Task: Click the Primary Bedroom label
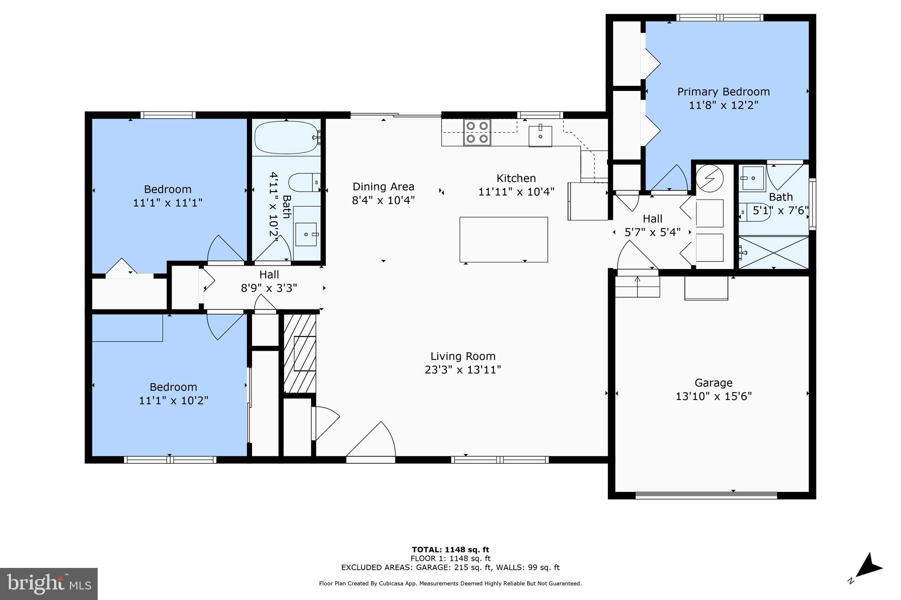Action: tap(723, 92)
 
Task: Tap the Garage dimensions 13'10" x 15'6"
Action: tap(713, 396)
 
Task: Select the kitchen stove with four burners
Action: tap(477, 132)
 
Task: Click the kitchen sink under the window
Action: tap(540, 136)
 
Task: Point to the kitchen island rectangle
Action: tap(504, 240)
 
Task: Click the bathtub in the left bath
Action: tap(286, 137)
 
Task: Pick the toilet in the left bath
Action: tap(304, 182)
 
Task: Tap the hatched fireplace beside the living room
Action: tap(300, 353)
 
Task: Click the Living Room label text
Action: tap(463, 356)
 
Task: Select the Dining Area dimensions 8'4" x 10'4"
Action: tap(383, 200)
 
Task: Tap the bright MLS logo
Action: tap(49, 584)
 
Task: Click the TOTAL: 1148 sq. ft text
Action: tap(450, 549)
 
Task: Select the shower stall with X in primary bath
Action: tap(773, 252)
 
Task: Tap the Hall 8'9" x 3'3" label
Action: tap(269, 281)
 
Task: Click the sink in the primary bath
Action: tap(753, 178)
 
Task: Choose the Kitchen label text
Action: tap(516, 178)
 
